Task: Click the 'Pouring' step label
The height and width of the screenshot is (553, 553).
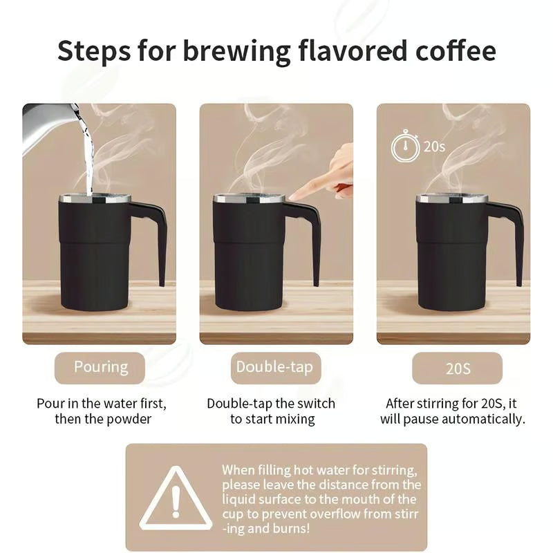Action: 102,367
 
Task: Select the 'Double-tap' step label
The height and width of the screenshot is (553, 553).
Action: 275,367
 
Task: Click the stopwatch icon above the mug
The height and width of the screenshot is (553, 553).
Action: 405,147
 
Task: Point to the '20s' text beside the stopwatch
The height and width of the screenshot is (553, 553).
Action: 434,147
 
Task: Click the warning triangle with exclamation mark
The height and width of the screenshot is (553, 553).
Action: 176,498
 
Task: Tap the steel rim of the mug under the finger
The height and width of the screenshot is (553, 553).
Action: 249,199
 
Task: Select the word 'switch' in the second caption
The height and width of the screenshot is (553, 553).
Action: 315,403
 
